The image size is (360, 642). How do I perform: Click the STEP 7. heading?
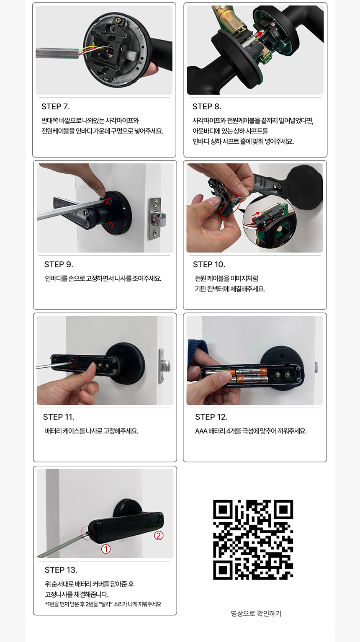pyautogui.click(x=56, y=107)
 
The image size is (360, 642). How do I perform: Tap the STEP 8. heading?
pyautogui.click(x=207, y=107)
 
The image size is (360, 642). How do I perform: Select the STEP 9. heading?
pyautogui.click(x=59, y=265)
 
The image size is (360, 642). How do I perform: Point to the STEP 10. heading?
pyautogui.click(x=209, y=265)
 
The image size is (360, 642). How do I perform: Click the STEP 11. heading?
pyautogui.click(x=59, y=417)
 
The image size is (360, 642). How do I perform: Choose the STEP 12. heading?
pyautogui.click(x=211, y=417)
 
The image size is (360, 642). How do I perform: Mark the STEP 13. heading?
pyautogui.click(x=61, y=570)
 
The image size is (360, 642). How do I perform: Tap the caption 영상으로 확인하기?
pyautogui.click(x=256, y=614)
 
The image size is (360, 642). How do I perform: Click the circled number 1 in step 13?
pyautogui.click(x=106, y=549)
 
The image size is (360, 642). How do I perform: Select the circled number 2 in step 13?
pyautogui.click(x=159, y=535)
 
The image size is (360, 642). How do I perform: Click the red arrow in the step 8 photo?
pyautogui.click(x=258, y=34)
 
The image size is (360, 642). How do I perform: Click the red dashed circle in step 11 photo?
pyautogui.click(x=72, y=363)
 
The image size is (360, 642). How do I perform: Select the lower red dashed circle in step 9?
pyautogui.click(x=110, y=226)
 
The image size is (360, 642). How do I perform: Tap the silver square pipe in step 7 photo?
pyautogui.click(x=57, y=53)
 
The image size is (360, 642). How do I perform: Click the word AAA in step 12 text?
pyautogui.click(x=201, y=431)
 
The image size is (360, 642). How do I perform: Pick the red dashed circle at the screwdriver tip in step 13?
pyautogui.click(x=87, y=534)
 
